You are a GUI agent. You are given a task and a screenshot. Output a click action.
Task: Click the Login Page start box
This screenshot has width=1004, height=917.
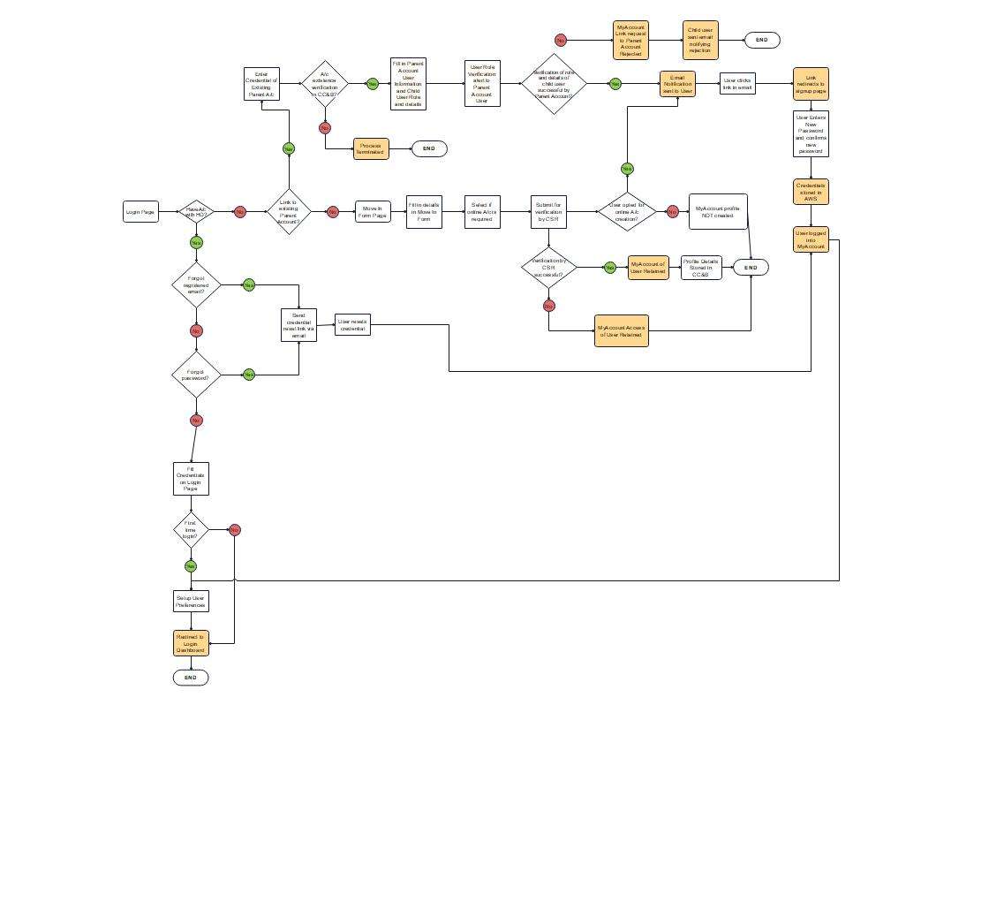tap(140, 211)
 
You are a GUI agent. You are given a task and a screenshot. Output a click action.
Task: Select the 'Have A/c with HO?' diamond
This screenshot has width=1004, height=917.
tap(196, 212)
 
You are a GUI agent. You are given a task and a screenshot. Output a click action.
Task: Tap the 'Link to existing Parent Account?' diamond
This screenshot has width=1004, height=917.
tap(289, 212)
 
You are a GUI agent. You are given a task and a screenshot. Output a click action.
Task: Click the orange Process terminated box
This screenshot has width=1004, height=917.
tap(371, 148)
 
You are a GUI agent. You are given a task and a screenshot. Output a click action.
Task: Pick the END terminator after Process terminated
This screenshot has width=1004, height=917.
tap(429, 148)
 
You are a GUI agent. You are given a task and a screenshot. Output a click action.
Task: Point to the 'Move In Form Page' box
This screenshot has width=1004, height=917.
tap(373, 212)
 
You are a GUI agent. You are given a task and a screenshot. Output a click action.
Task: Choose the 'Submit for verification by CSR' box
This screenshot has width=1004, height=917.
tap(548, 212)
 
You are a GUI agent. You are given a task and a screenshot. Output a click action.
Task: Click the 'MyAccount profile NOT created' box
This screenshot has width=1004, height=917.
tap(718, 212)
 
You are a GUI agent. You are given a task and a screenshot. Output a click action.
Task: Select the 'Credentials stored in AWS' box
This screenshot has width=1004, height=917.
tap(811, 192)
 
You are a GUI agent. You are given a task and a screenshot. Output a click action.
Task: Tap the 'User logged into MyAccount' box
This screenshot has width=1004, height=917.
tap(811, 239)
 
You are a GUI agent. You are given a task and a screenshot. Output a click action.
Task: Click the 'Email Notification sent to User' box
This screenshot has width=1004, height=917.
tap(677, 84)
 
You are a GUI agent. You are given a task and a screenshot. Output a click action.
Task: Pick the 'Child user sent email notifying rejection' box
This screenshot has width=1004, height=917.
tap(700, 41)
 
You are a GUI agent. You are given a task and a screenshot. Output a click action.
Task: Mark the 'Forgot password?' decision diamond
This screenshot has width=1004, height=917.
tap(196, 375)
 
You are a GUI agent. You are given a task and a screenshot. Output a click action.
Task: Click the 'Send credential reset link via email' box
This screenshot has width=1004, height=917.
tap(298, 325)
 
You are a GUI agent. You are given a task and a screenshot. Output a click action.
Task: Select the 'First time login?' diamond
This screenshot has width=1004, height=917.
tap(191, 530)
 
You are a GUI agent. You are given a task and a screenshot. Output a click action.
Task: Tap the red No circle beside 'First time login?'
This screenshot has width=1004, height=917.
tap(235, 530)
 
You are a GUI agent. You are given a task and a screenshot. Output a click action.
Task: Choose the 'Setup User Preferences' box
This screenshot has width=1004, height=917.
tap(191, 602)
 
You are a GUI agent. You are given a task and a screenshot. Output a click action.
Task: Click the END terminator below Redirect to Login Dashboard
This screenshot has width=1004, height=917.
tap(191, 678)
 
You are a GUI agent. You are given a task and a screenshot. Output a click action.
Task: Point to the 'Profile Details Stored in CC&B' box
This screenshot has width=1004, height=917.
tap(701, 268)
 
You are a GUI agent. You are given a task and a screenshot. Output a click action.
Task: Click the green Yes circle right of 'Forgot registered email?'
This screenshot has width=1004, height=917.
tap(249, 284)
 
